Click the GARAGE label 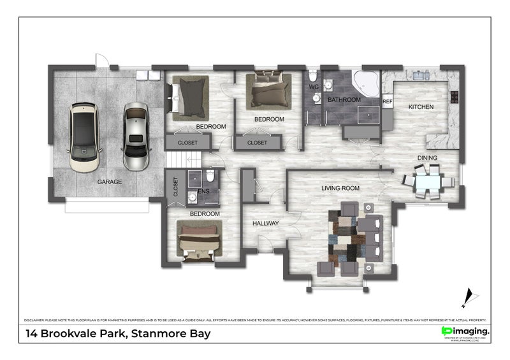(110, 182)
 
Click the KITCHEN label (421, 107)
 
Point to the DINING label (427, 157)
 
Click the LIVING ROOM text (340, 188)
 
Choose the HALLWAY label (265, 224)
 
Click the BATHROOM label (344, 100)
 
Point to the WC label (314, 86)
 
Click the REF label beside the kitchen (387, 101)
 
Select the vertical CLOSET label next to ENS (175, 187)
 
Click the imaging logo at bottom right (465, 332)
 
